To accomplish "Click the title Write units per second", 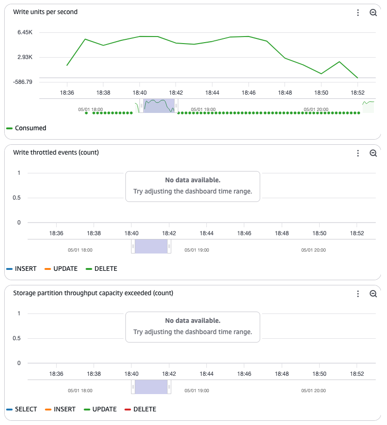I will pyautogui.click(x=45, y=12).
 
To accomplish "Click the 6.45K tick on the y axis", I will pyautogui.click(x=24, y=32).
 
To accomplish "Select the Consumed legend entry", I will pyautogui.click(x=30, y=128).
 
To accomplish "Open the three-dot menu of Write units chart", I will pyautogui.click(x=358, y=13).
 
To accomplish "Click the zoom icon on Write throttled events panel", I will pyautogui.click(x=373, y=153).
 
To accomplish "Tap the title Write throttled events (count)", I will pyautogui.click(x=56, y=152).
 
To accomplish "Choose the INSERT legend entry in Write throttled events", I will pyautogui.click(x=25, y=268).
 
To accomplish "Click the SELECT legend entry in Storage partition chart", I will pyautogui.click(x=26, y=409).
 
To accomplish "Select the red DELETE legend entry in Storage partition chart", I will pyautogui.click(x=145, y=409).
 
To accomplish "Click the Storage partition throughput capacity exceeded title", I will pyautogui.click(x=93, y=293).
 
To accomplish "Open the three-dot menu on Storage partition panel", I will pyautogui.click(x=358, y=294).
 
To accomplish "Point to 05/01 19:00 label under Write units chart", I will pyautogui.click(x=204, y=109).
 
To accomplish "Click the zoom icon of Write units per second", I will pyautogui.click(x=373, y=13).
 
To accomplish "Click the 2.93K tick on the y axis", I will pyautogui.click(x=24, y=57).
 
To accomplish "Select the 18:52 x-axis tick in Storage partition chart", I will pyautogui.click(x=357, y=374).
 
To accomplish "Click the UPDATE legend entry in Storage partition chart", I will pyautogui.click(x=104, y=409).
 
